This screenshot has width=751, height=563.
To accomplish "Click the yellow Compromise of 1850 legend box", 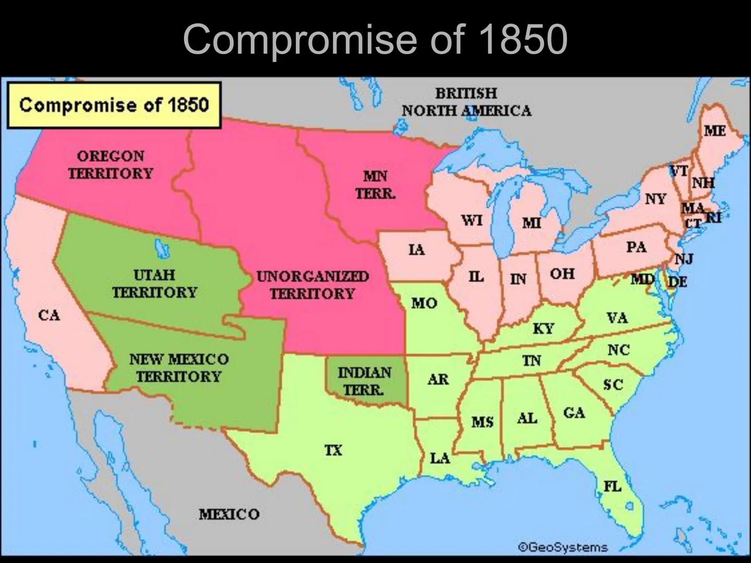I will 114,105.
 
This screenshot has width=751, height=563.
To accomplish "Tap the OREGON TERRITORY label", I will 111,165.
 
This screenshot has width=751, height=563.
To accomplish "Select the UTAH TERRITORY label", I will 154,284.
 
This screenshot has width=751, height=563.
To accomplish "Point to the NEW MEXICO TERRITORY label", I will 178,368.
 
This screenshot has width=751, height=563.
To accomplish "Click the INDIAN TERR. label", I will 364,381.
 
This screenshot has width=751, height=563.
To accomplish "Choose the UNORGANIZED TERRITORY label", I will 312,285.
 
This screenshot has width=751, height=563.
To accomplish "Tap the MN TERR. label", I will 375,185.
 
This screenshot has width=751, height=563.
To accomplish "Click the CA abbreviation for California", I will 49,315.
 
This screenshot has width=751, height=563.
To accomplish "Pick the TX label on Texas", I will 333,450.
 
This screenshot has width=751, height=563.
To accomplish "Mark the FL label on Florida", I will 613,486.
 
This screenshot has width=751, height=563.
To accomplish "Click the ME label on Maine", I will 714,130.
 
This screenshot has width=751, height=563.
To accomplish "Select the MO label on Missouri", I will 424,303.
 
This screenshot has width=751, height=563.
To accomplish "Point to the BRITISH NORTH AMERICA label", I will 466,102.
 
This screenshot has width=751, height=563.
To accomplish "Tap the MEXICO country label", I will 229,515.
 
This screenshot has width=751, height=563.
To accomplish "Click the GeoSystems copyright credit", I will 563,547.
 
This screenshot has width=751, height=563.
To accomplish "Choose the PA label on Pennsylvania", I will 636,247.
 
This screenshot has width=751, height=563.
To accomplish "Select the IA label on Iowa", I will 416,250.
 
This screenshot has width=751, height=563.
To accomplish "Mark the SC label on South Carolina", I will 613,385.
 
